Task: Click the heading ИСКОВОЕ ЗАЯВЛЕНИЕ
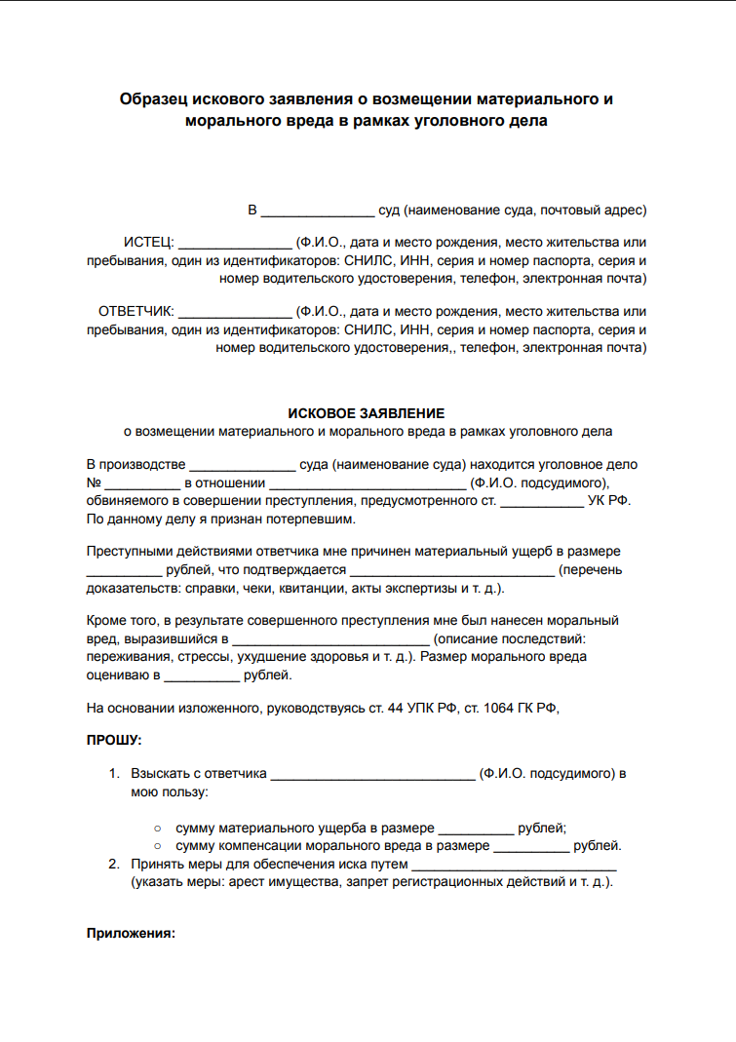367,413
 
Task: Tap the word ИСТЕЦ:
148,243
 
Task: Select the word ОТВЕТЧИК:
136,312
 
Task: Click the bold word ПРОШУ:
114,740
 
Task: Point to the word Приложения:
131,933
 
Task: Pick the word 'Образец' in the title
153,99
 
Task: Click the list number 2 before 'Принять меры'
114,864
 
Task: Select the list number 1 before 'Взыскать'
114,774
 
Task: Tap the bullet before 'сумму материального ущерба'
158,828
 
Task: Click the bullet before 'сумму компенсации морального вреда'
158,845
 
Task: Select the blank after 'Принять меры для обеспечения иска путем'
515,866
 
